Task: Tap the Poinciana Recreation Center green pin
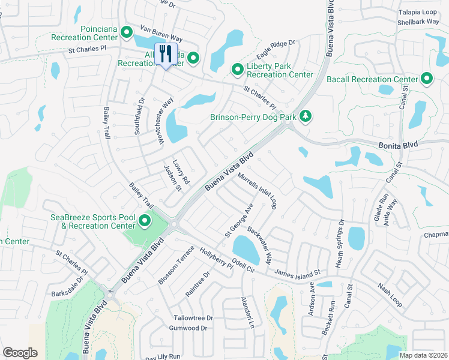tap(127, 32)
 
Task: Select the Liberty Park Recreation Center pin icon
tap(238, 70)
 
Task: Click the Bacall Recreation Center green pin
tap(427, 79)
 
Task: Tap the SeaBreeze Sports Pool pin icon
tap(145, 221)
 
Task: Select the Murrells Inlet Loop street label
tap(257, 191)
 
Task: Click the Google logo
tap(20, 353)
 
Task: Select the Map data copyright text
tap(423, 355)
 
